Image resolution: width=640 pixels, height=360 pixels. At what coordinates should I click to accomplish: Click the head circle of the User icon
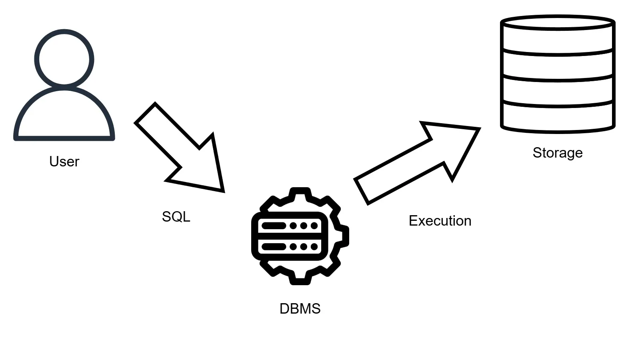(x=64, y=58)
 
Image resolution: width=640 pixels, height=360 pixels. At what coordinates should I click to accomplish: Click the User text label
(x=64, y=162)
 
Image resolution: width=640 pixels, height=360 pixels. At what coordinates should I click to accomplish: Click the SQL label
(x=176, y=217)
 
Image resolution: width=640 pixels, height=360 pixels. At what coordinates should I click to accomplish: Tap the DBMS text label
(x=300, y=309)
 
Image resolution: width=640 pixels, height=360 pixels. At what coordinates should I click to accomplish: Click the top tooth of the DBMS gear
(x=300, y=193)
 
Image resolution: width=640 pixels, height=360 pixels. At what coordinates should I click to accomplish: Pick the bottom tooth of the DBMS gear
(x=300, y=279)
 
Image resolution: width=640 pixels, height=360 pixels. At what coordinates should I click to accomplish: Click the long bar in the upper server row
(x=274, y=226)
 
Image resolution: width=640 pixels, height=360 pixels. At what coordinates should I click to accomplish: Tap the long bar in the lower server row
(x=274, y=246)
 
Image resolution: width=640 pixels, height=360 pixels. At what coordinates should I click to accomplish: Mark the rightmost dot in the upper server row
(x=314, y=226)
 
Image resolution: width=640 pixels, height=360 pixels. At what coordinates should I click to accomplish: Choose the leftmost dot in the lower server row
(x=293, y=246)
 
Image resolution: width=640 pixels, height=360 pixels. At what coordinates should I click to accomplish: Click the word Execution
(x=440, y=221)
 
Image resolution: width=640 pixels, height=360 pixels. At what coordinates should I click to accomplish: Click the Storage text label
(x=558, y=153)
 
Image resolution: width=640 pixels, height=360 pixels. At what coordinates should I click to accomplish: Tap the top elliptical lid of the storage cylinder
(x=558, y=22)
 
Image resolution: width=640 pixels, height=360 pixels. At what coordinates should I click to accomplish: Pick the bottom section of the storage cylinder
(x=558, y=118)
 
